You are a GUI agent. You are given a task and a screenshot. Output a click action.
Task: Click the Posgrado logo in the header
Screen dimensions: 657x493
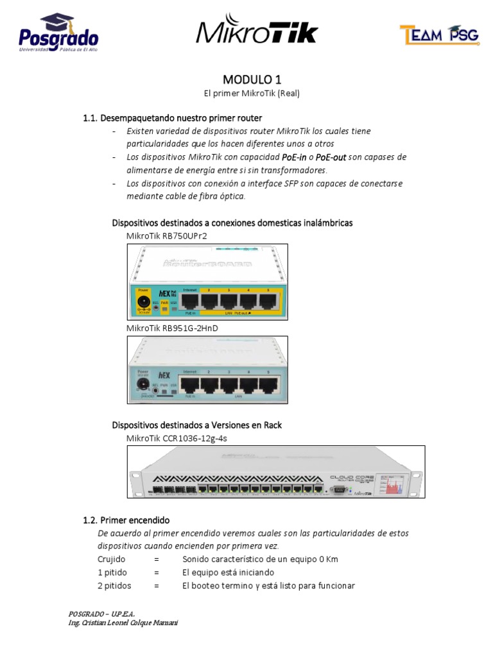point(58,33)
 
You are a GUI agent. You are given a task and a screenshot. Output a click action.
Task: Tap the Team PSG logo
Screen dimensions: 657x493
point(438,35)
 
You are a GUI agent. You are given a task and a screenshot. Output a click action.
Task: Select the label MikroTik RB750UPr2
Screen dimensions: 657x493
point(166,235)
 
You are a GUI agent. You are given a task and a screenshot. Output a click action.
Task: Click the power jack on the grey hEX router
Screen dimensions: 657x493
point(143,385)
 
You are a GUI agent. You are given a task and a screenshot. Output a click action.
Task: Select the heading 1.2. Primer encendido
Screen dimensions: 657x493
point(126,520)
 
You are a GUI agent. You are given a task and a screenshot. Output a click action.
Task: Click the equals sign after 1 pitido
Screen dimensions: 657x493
point(156,572)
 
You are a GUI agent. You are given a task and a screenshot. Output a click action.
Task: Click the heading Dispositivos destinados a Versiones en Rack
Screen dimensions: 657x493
point(197,425)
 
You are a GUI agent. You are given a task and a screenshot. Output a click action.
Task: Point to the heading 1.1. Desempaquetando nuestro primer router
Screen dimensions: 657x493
point(173,118)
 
